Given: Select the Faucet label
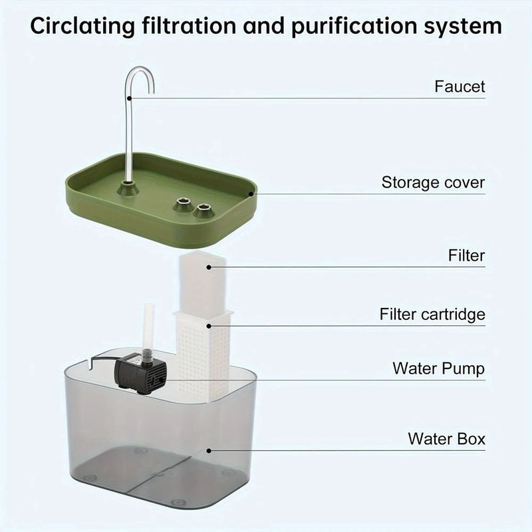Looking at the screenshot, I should coord(460,86).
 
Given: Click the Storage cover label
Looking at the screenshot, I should coord(433,182).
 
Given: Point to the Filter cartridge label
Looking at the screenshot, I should coord(432,314).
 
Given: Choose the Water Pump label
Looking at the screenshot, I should coord(439,368).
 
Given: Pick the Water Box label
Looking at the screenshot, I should coord(446,439).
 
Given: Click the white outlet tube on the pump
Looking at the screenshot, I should coord(148,326).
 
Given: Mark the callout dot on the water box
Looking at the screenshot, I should coord(209,450).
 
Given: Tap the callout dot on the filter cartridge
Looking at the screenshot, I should coord(209,325).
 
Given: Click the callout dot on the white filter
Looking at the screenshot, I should coord(209,267).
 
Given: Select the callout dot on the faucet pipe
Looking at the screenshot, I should coord(131,98).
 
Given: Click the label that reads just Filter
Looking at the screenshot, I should coord(467,255).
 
